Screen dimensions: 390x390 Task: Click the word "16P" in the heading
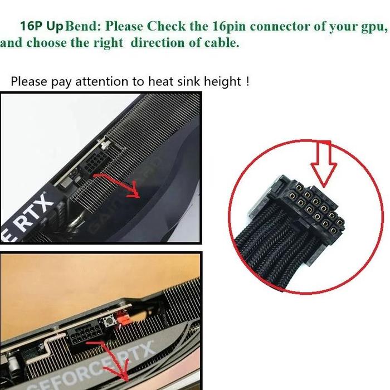pos(32,26)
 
